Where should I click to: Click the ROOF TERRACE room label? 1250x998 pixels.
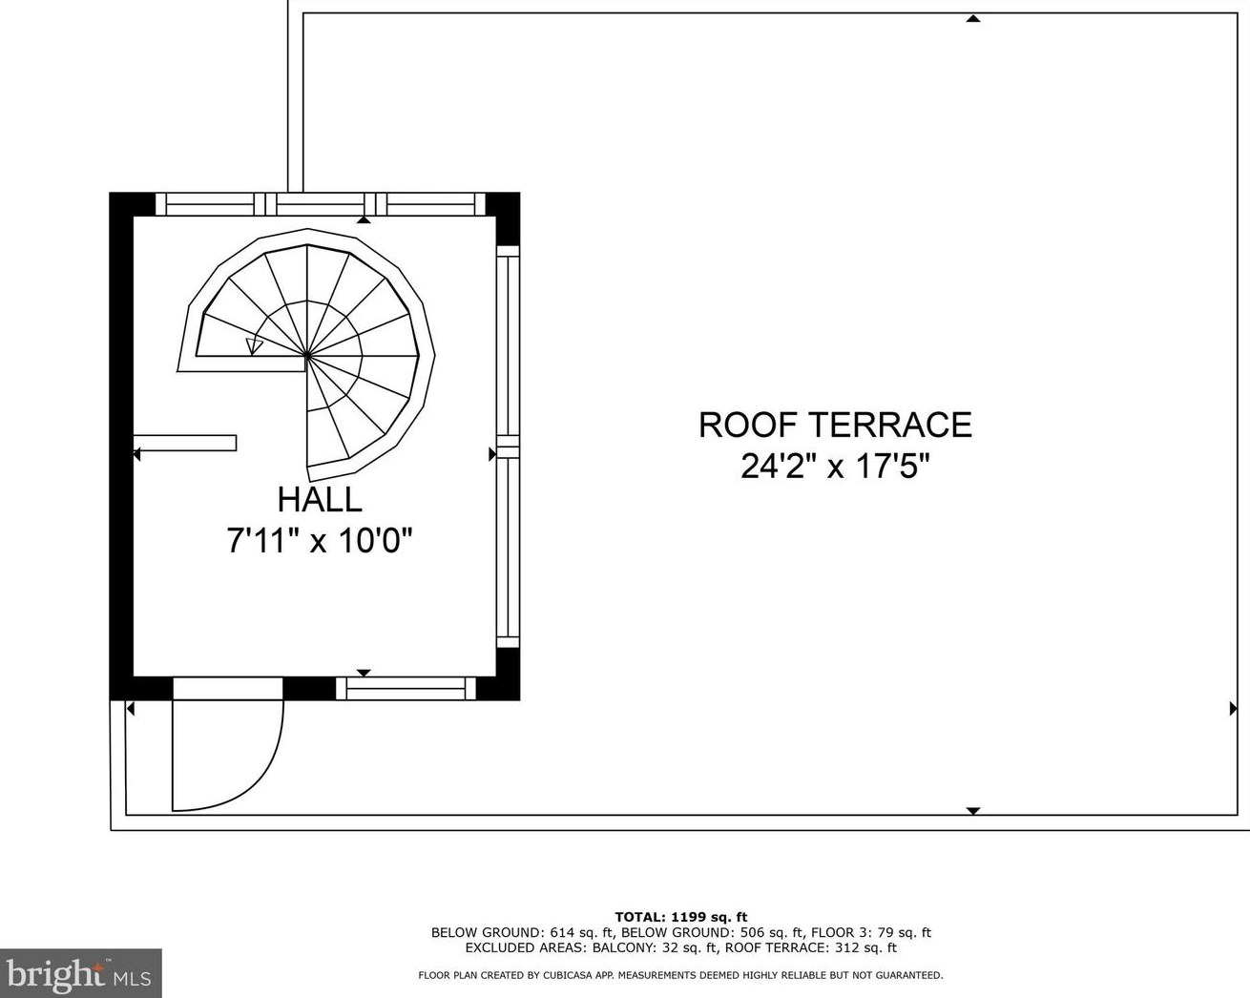(835, 425)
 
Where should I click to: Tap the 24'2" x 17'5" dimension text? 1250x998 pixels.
(835, 467)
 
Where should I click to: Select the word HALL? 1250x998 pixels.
(320, 499)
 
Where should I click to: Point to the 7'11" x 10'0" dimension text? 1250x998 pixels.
(320, 541)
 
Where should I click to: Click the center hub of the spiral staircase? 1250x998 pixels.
(306, 356)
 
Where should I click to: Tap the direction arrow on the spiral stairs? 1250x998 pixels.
(254, 346)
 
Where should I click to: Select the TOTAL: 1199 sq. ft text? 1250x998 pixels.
(680, 917)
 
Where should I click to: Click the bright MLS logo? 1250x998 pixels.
(80, 973)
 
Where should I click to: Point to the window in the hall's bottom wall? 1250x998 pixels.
(406, 688)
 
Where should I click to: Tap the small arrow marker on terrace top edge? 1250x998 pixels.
(972, 18)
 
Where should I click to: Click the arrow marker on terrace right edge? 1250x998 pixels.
(1233, 709)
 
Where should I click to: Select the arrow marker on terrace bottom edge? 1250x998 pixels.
(972, 810)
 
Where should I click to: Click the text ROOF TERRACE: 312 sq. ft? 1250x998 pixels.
(810, 947)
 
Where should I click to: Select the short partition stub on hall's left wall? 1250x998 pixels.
(186, 443)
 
